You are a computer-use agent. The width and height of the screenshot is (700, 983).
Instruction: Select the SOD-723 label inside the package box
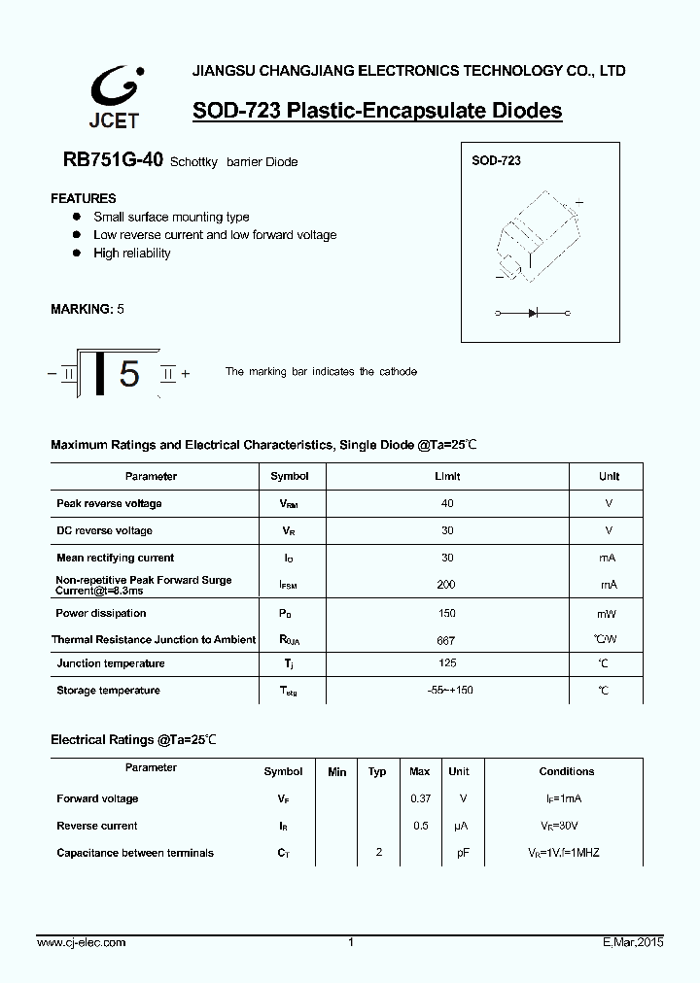tap(496, 160)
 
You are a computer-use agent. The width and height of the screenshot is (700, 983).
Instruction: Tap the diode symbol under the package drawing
tap(532, 314)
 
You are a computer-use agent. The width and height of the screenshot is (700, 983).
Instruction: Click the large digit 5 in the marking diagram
tap(129, 374)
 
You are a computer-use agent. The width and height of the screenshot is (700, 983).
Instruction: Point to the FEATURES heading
tap(84, 198)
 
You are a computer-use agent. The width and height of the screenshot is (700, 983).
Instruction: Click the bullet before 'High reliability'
tap(76, 254)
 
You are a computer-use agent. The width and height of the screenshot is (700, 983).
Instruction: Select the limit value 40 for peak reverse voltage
tap(447, 503)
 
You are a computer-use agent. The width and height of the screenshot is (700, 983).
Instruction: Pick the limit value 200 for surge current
tap(447, 585)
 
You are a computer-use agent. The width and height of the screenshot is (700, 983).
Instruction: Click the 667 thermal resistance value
tap(446, 641)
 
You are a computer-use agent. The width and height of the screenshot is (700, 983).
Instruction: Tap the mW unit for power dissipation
tap(607, 614)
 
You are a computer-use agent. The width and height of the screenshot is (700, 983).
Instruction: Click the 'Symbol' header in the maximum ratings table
tap(289, 476)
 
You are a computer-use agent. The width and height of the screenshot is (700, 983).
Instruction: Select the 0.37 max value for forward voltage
tap(419, 798)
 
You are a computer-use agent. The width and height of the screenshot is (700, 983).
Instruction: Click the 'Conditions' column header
tap(566, 771)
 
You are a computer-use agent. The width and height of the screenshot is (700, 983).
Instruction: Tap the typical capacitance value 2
tap(378, 852)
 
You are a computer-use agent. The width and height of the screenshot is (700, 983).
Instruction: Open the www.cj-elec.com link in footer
tap(81, 942)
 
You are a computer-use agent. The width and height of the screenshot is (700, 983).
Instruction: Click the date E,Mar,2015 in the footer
tap(626, 942)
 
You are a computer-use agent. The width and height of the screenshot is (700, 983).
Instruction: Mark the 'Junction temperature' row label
tap(110, 663)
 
